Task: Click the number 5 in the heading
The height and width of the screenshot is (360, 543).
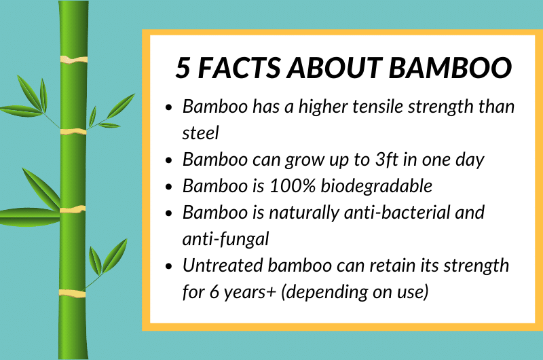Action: tap(183, 67)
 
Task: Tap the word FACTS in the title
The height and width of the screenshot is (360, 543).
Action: tap(239, 67)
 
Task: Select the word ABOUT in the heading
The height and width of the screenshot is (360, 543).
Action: tap(334, 67)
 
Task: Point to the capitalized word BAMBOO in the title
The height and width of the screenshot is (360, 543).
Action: tap(450, 67)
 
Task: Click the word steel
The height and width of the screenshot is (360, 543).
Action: tap(200, 132)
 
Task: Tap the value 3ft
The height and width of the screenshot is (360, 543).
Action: tap(387, 160)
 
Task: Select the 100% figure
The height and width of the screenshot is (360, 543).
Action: tap(293, 186)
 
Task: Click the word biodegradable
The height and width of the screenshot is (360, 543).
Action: tap(377, 187)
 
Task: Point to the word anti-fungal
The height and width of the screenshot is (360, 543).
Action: tap(225, 240)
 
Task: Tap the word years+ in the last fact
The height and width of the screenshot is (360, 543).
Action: tap(250, 293)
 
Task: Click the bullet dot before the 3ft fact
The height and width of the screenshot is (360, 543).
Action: tap(169, 160)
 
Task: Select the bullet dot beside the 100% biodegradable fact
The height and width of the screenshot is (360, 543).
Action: tap(169, 187)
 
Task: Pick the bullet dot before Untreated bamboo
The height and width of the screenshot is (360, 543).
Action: tap(169, 266)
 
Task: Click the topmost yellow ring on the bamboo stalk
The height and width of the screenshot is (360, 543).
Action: tap(73, 60)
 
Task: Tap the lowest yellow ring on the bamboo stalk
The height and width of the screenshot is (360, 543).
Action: tap(73, 293)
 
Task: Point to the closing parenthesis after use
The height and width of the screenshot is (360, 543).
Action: tap(426, 292)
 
